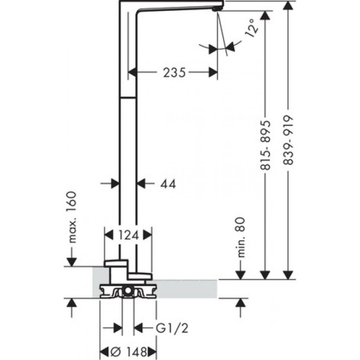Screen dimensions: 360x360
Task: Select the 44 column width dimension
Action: [168, 185]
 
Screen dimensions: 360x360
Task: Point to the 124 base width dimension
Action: [128, 236]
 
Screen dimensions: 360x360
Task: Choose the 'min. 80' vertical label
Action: [241, 239]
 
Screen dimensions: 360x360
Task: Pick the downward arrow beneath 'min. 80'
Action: [241, 274]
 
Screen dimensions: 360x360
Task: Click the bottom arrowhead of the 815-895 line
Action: [265, 274]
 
